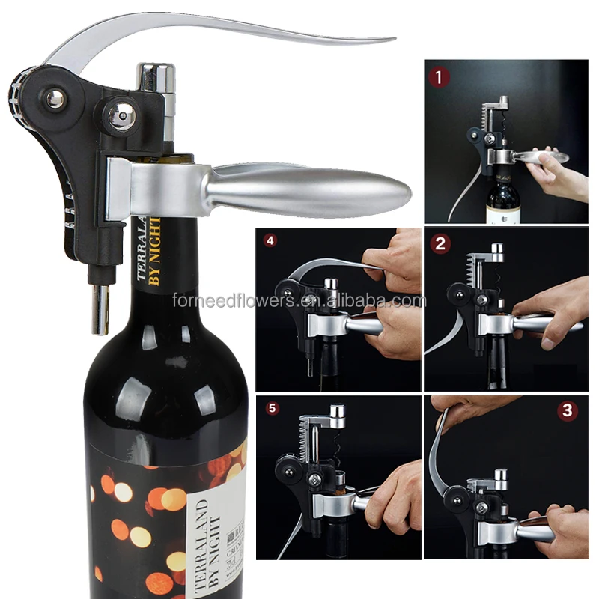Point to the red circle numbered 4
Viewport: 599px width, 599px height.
269,242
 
